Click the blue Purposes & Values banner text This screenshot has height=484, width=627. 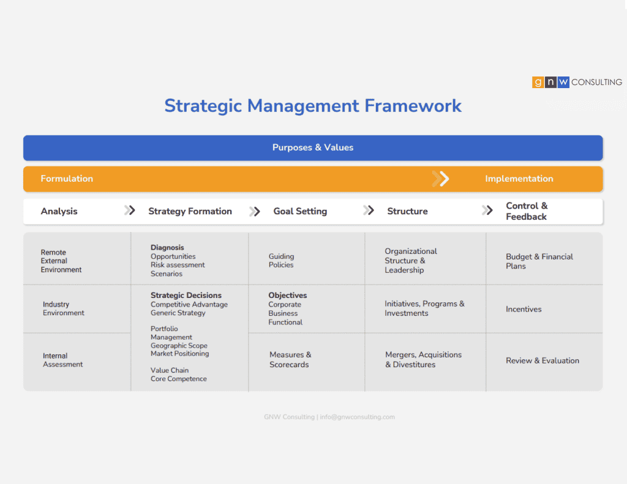(x=313, y=147)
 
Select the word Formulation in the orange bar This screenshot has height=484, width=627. (x=67, y=179)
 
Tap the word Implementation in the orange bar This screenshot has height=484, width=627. (x=519, y=179)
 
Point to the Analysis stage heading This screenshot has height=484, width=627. (x=59, y=211)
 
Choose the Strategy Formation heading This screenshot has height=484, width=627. (x=190, y=211)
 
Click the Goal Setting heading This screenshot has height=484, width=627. (x=300, y=211)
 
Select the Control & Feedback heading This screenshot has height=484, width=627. (x=527, y=211)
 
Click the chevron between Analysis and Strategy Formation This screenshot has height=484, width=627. (x=130, y=210)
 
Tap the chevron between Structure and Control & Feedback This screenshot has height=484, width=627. (x=487, y=210)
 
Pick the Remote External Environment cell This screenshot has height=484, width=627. (x=61, y=261)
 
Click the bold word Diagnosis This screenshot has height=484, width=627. (x=167, y=247)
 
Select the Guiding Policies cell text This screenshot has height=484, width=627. (x=281, y=261)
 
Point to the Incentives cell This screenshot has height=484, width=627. (x=524, y=309)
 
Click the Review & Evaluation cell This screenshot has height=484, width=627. (x=543, y=360)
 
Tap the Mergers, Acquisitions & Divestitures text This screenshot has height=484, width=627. (x=423, y=359)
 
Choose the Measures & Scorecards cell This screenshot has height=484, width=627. (x=290, y=359)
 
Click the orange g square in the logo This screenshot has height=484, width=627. (x=538, y=82)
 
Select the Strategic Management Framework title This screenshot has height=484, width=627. (x=313, y=106)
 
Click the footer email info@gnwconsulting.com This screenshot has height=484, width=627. (x=357, y=417)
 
